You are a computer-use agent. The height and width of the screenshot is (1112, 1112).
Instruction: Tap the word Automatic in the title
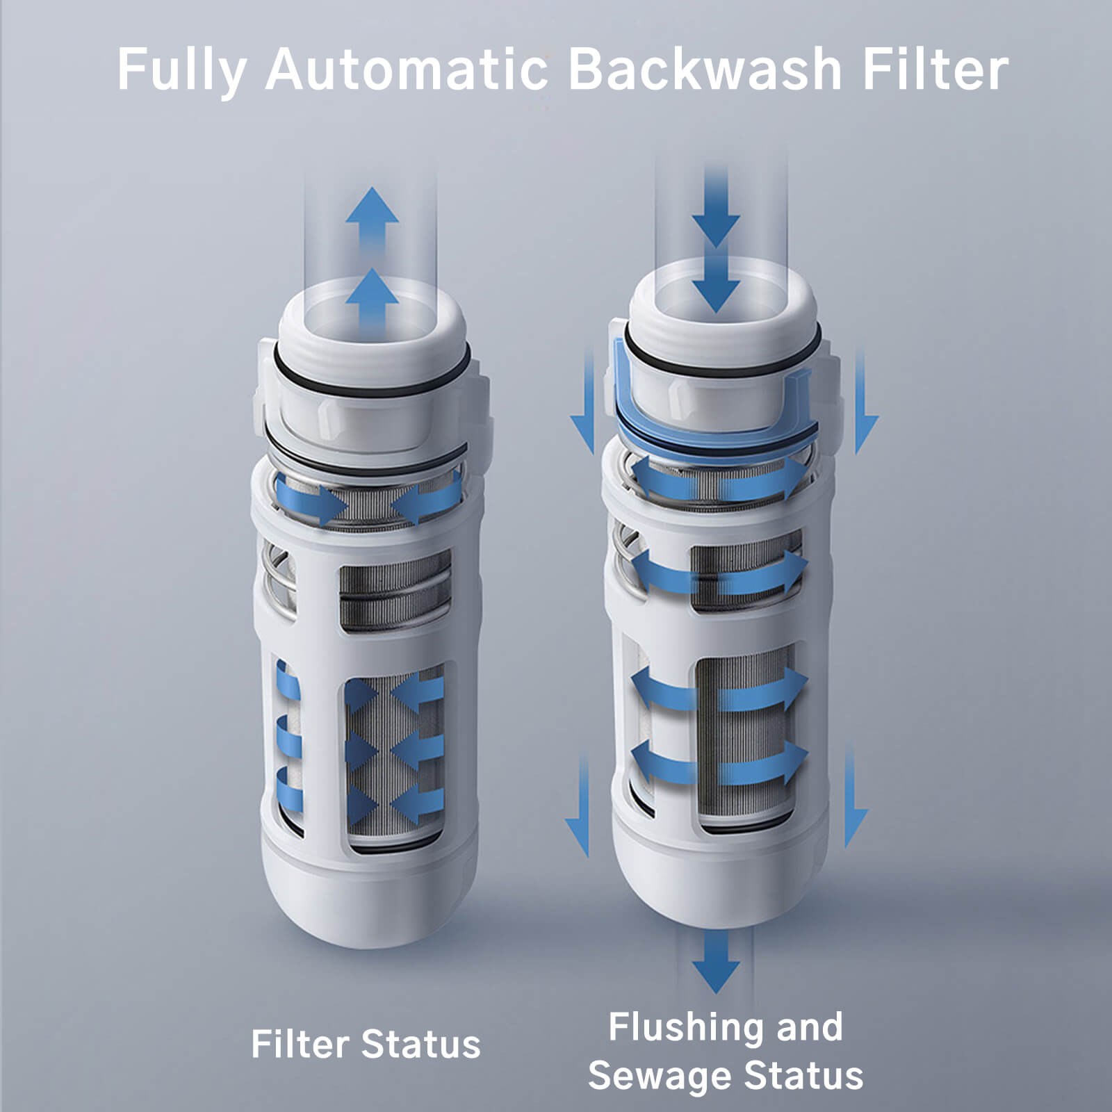coord(406,69)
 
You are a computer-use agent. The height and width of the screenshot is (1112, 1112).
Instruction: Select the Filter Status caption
coord(366,1045)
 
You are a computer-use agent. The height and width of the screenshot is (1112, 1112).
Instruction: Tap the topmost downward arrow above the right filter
coord(716,208)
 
